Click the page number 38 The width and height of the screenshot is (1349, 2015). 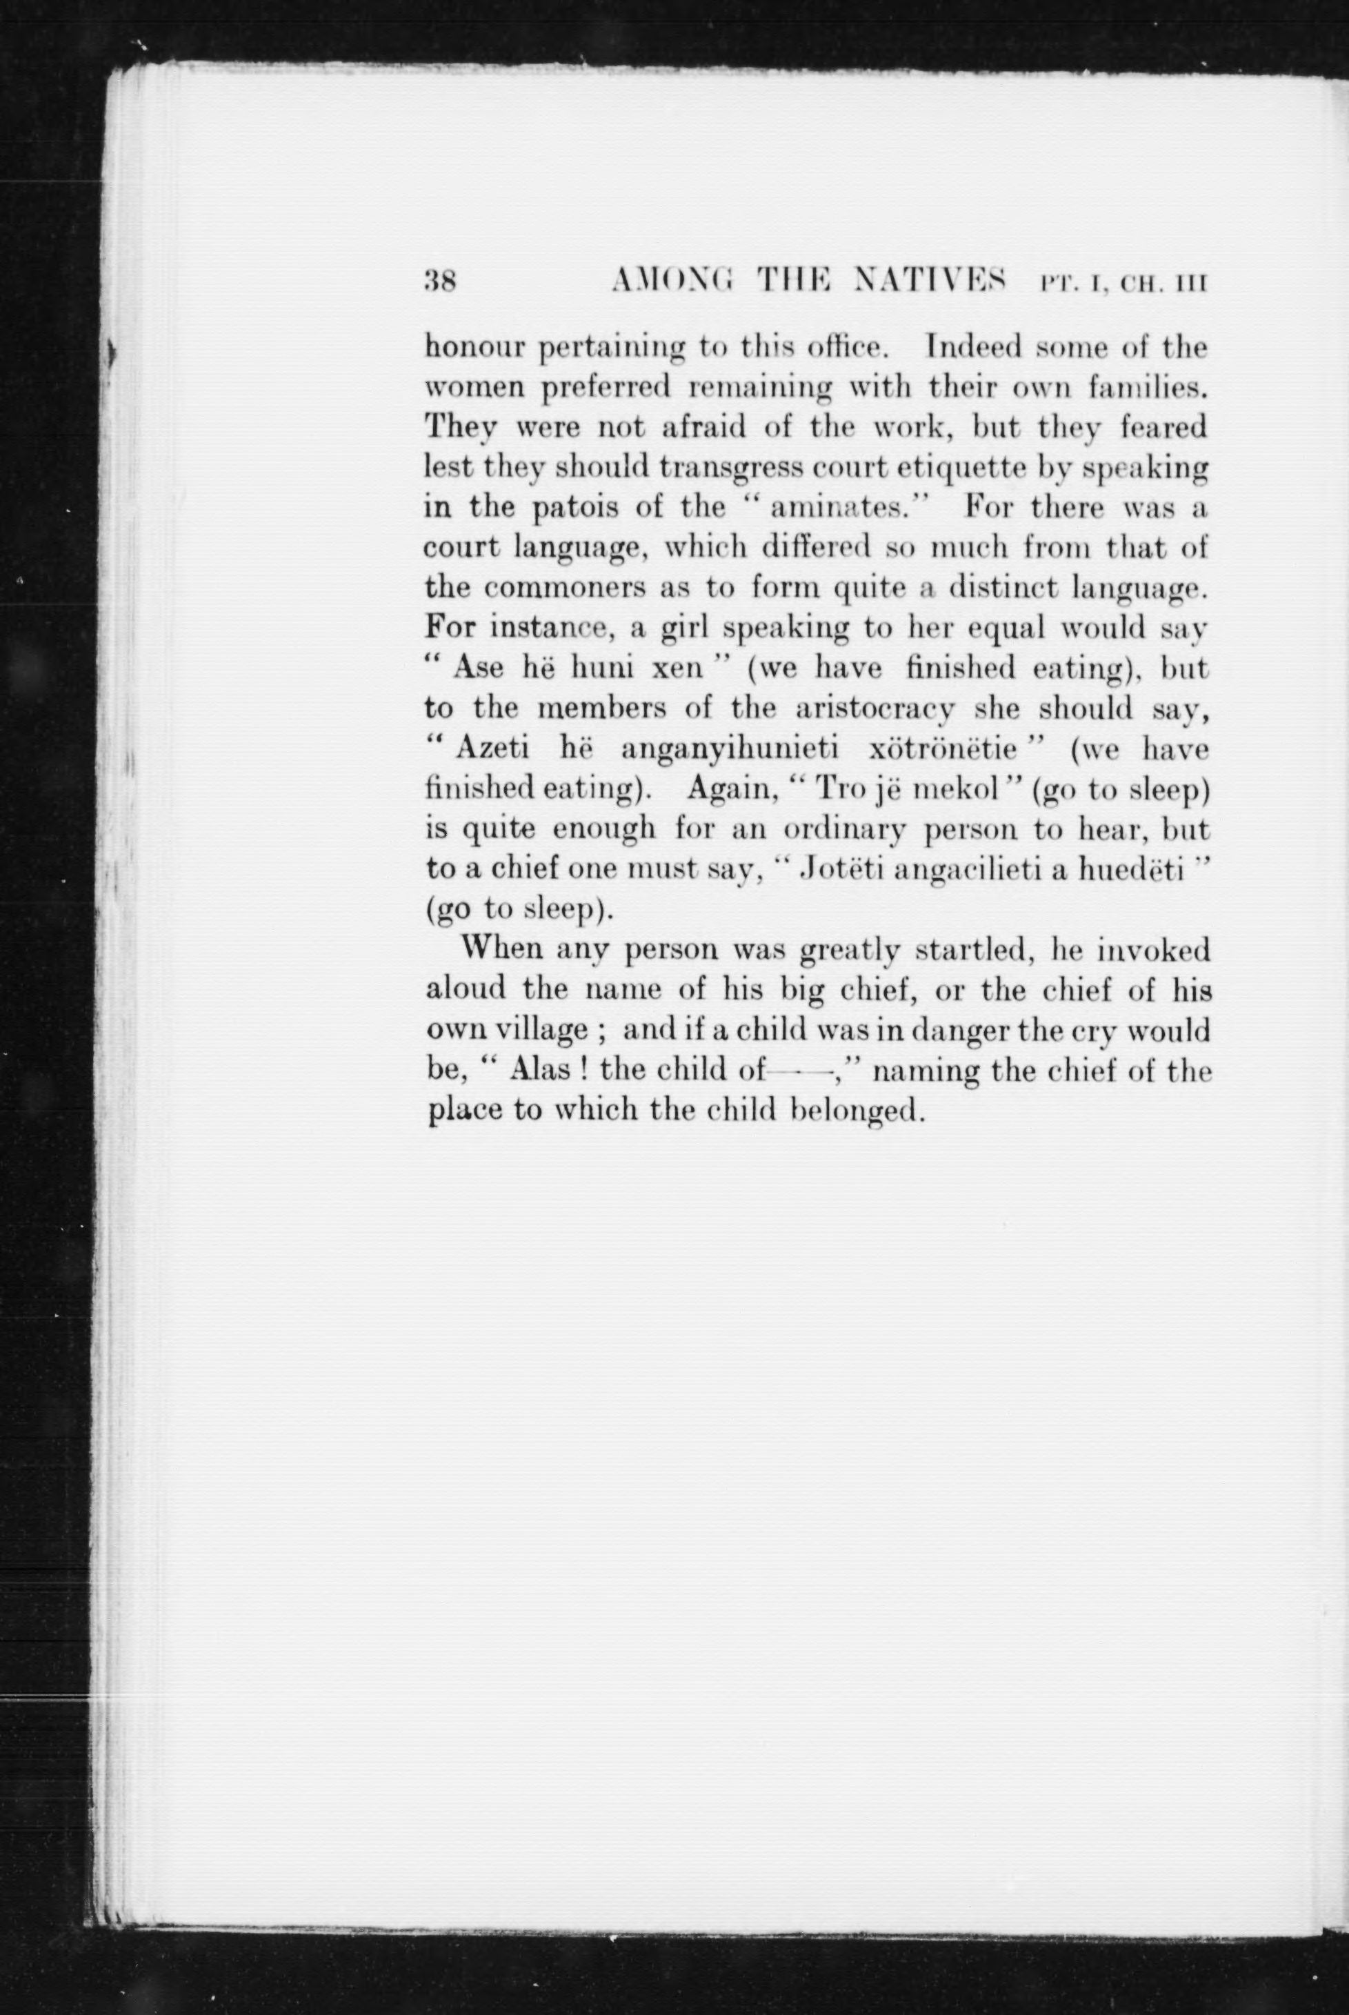[441, 281]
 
